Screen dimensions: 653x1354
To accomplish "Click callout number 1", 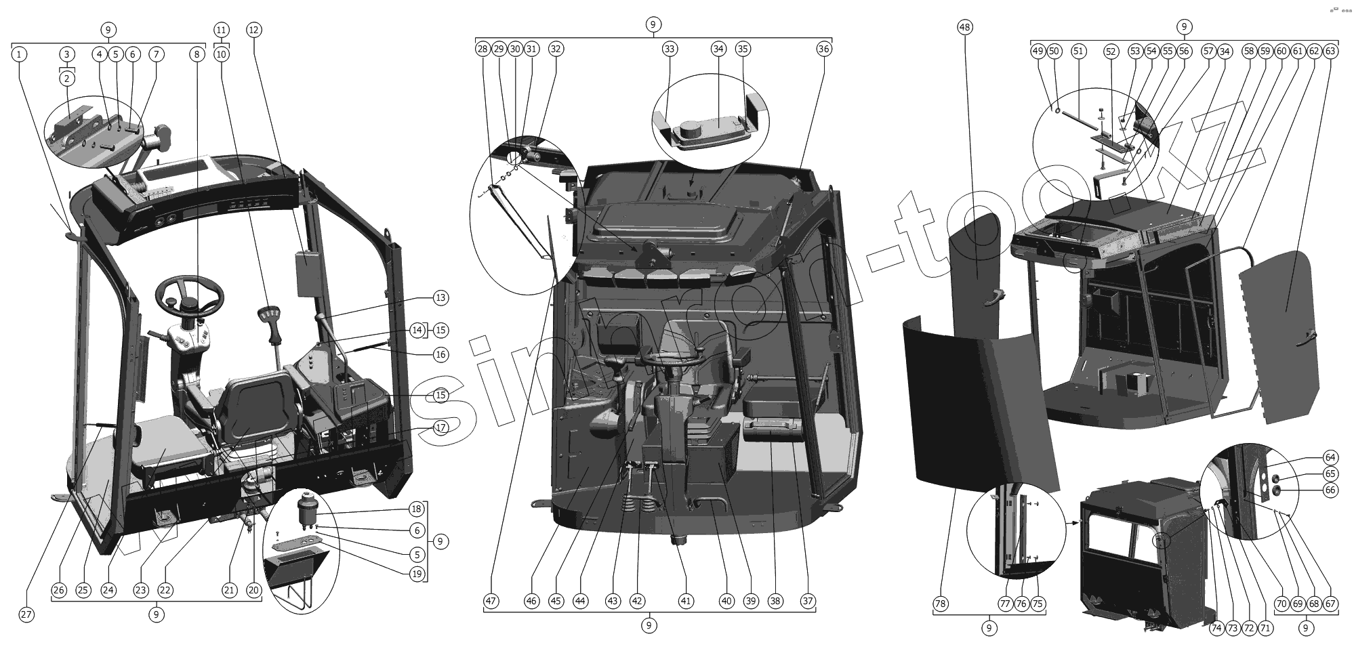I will tap(20, 54).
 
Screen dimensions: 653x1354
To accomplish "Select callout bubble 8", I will tap(197, 54).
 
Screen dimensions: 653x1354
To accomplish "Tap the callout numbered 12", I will tap(253, 30).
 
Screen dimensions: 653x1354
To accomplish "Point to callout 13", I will tap(440, 297).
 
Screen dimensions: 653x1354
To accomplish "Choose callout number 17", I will tap(440, 427).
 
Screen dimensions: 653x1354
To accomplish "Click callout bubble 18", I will tap(417, 509).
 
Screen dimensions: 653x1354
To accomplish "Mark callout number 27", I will tap(26, 614).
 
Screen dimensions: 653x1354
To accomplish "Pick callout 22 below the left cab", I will tap(165, 590).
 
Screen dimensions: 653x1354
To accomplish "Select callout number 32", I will tap(556, 49).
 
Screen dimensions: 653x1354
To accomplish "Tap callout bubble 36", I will tap(823, 49).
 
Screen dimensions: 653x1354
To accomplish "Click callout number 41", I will tap(686, 601).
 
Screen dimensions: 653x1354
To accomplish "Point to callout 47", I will tap(491, 601).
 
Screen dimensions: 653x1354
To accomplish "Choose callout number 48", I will tap(965, 27).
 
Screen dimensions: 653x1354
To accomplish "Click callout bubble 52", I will tap(1110, 51).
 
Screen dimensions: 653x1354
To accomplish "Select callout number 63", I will tap(1330, 51).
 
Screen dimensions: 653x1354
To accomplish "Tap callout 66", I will tap(1330, 490).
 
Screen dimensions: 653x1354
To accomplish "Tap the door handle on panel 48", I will tap(995, 293).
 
